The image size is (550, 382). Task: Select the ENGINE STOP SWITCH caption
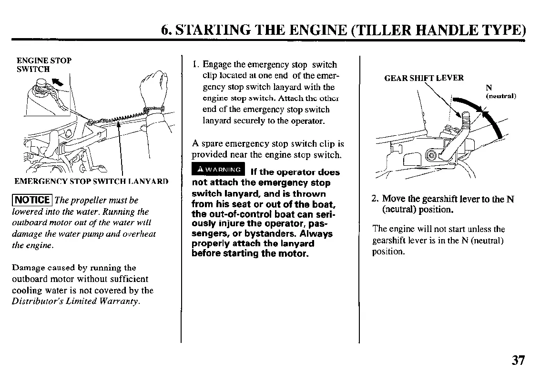click(x=43, y=65)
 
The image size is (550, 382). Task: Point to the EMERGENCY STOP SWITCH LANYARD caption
click(x=91, y=181)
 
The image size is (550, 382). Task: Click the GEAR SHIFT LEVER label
click(x=424, y=79)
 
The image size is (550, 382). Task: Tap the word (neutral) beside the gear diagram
click(x=501, y=96)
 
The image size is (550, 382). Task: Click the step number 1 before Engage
click(x=195, y=65)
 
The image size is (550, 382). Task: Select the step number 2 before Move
click(x=375, y=199)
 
